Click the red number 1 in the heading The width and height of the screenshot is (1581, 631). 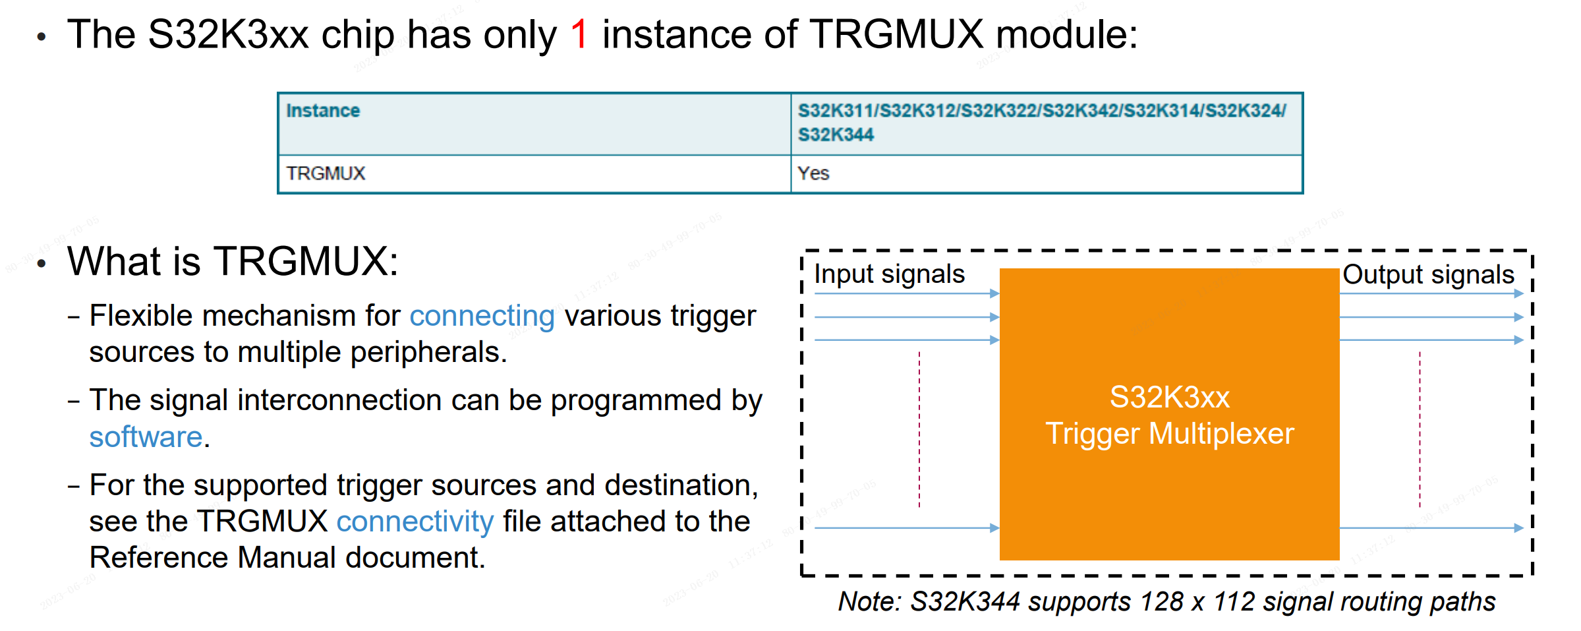pyautogui.click(x=579, y=34)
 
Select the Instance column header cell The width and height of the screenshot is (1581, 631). pyautogui.click(x=323, y=111)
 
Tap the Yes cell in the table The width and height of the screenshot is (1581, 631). pyautogui.click(x=813, y=173)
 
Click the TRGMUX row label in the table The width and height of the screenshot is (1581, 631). pyautogui.click(x=326, y=173)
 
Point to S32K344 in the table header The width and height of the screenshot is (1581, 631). pyautogui.click(x=836, y=135)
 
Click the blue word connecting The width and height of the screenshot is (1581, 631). pyautogui.click(x=482, y=316)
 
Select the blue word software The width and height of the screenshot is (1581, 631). pyautogui.click(x=146, y=437)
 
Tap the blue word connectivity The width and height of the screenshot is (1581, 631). pyautogui.click(x=415, y=522)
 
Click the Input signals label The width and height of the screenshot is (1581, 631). pyautogui.click(x=889, y=274)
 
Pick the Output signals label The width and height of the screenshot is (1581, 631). pyautogui.click(x=1428, y=274)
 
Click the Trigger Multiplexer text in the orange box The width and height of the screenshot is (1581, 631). pyautogui.click(x=1170, y=434)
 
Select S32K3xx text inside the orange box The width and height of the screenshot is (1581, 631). pyautogui.click(x=1170, y=397)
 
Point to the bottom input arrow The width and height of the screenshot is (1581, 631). pyautogui.click(x=907, y=527)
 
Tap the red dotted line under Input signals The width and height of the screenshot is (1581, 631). pyautogui.click(x=919, y=429)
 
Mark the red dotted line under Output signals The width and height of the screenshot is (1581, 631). pyautogui.click(x=1420, y=429)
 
